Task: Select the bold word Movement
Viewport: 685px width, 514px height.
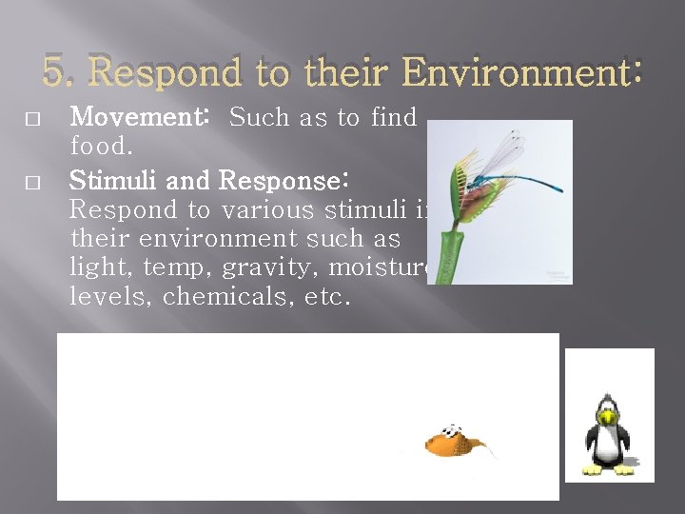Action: (x=139, y=118)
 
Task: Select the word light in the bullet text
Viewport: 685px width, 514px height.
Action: (x=98, y=268)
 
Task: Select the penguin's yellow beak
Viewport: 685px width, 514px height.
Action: (x=607, y=415)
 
